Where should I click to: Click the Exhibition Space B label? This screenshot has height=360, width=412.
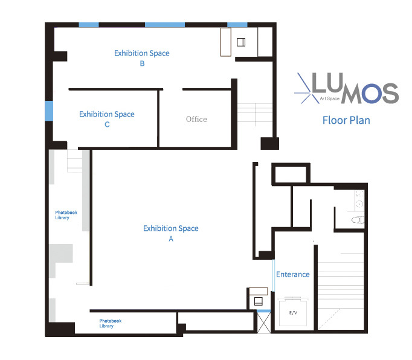tap(142, 58)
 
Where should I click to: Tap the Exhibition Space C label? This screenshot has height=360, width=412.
tap(107, 119)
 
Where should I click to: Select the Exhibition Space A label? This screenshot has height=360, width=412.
tap(171, 233)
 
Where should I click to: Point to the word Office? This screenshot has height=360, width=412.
tap(196, 119)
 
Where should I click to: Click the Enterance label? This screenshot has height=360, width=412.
tap(292, 274)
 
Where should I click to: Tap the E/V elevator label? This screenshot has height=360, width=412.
tap(294, 312)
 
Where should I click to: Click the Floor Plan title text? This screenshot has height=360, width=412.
tap(346, 120)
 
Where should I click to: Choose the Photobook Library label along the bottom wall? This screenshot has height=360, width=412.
tap(106, 323)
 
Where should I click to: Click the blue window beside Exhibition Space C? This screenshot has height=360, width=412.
tap(49, 111)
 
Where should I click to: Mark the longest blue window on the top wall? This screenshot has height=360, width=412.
tap(164, 25)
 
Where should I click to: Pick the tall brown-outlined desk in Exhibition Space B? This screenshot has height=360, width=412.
tap(227, 42)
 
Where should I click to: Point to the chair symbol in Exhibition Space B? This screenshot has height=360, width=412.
tap(241, 42)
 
